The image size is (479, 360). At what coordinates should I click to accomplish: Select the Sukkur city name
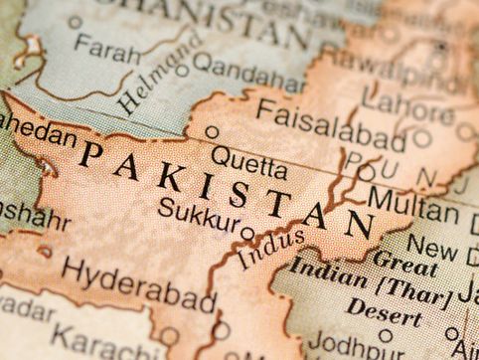pyautogui.click(x=200, y=211)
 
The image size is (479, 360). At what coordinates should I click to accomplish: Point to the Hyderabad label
pyautogui.click(x=138, y=283)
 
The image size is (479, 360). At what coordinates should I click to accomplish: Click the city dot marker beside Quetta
pyautogui.click(x=212, y=131)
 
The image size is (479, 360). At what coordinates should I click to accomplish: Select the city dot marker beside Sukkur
pyautogui.click(x=247, y=234)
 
